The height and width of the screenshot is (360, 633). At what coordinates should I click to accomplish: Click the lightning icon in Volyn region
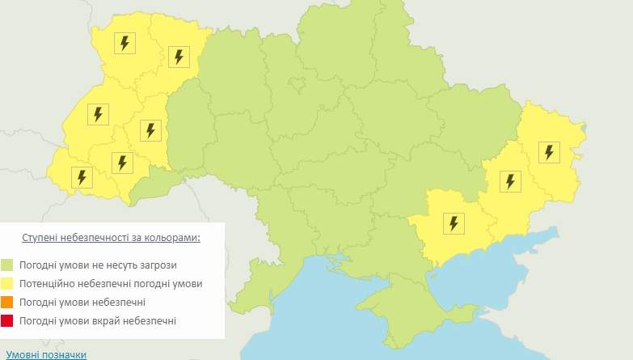click(x=124, y=44)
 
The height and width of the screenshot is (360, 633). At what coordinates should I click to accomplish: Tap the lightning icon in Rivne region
click(x=179, y=57)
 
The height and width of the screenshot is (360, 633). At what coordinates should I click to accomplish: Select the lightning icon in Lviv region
click(x=98, y=114)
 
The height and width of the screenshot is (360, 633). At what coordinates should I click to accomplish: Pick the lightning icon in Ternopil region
click(x=150, y=129)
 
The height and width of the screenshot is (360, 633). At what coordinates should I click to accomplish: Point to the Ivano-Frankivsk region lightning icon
click(x=122, y=163)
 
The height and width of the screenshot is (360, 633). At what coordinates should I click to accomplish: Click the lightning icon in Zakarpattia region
click(x=82, y=176)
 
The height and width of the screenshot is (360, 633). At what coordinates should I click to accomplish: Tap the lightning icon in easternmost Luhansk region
click(x=549, y=151)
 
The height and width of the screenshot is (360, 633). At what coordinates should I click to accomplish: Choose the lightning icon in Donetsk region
click(x=509, y=181)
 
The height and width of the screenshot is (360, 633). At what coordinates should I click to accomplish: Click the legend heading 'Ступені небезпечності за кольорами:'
click(x=111, y=238)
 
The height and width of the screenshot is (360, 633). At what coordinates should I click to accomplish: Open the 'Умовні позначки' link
click(x=45, y=354)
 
